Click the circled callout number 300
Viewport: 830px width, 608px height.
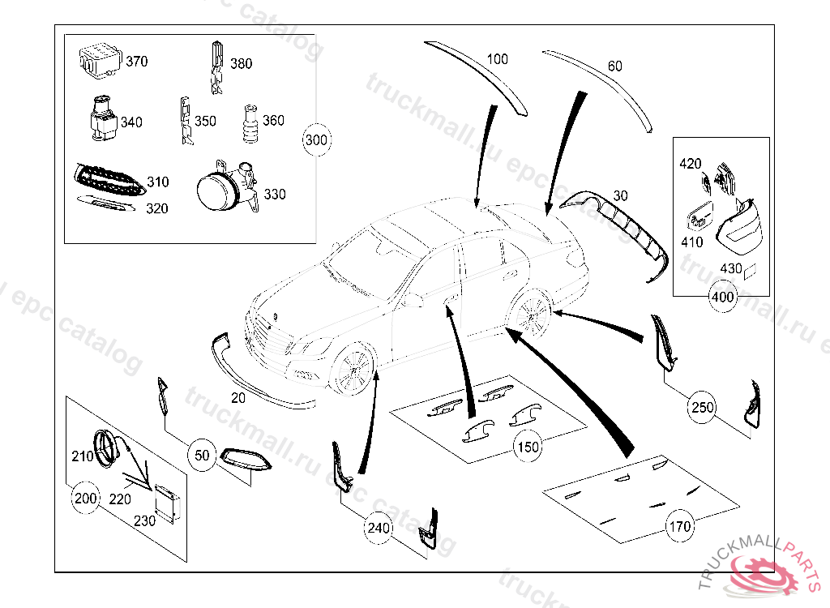pyautogui.click(x=316, y=140)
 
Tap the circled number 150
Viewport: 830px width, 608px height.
pyautogui.click(x=528, y=446)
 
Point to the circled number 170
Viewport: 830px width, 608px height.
pyautogui.click(x=679, y=526)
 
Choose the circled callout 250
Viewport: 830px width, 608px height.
pyautogui.click(x=703, y=407)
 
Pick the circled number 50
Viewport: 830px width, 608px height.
pyautogui.click(x=203, y=456)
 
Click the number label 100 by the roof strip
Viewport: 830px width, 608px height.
pyautogui.click(x=497, y=59)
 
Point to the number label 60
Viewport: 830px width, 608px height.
pyautogui.click(x=615, y=66)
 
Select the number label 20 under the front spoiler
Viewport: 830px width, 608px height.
pyautogui.click(x=237, y=398)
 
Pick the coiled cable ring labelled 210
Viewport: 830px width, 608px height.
pyautogui.click(x=106, y=447)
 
